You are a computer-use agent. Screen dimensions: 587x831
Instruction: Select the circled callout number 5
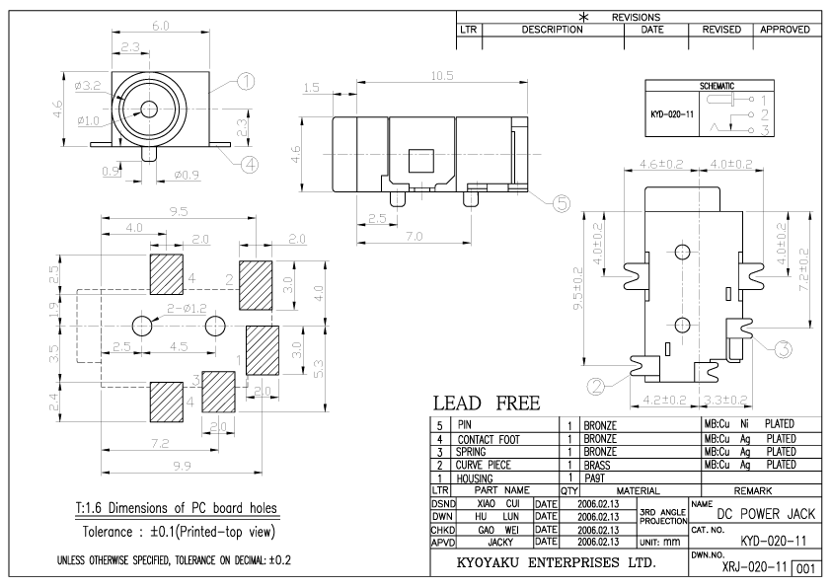click(x=561, y=203)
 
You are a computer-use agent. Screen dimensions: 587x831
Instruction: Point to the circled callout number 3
click(x=782, y=347)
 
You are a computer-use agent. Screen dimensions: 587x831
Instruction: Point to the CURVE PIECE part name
click(x=487, y=464)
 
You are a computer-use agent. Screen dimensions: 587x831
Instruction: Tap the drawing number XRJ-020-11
click(x=756, y=569)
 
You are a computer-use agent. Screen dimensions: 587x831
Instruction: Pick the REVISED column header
click(x=720, y=31)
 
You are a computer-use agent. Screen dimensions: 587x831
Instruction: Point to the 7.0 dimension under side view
click(x=414, y=237)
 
